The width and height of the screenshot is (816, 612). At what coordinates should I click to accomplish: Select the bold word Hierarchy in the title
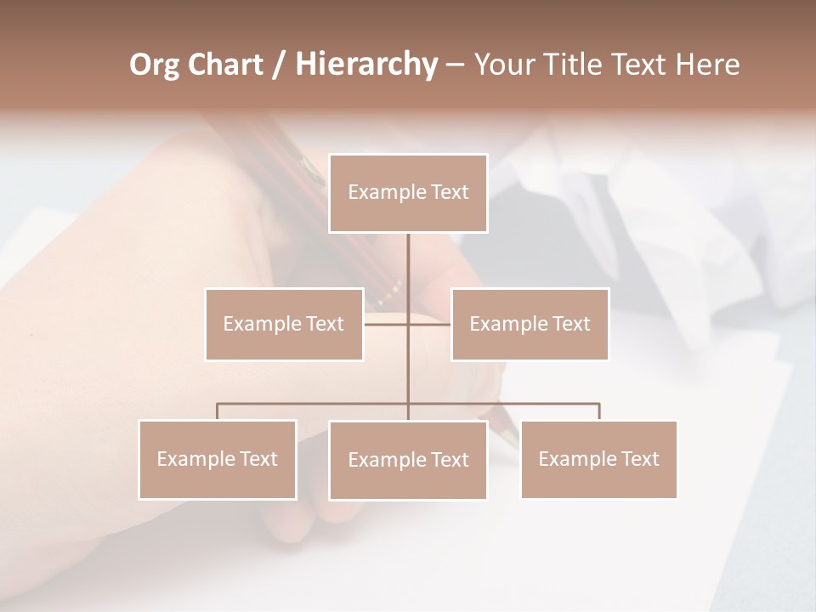(365, 65)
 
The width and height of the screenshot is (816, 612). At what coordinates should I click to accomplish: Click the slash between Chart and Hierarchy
(278, 65)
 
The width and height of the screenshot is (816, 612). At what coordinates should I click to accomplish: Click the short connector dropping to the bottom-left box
(218, 411)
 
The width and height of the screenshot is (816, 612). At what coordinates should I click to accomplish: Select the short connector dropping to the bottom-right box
(599, 411)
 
